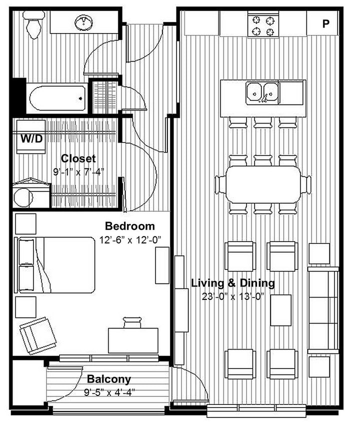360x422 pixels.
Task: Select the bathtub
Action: coord(57,99)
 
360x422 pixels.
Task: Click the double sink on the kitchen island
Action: coord(262,92)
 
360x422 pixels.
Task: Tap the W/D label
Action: coord(31,139)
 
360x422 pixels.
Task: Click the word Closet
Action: coord(78,158)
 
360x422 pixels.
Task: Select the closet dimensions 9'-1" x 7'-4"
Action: coord(78,171)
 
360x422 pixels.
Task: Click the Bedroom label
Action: coord(129,226)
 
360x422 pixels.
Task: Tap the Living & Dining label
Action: coord(233,283)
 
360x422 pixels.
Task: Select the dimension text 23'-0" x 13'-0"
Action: coord(233,295)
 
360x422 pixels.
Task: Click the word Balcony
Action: coord(108,379)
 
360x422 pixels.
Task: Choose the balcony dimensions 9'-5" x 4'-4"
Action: coord(108,391)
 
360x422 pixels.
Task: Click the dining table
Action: coord(263,184)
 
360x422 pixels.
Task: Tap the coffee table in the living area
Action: coord(280,310)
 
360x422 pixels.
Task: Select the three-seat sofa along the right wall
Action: coord(322,310)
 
